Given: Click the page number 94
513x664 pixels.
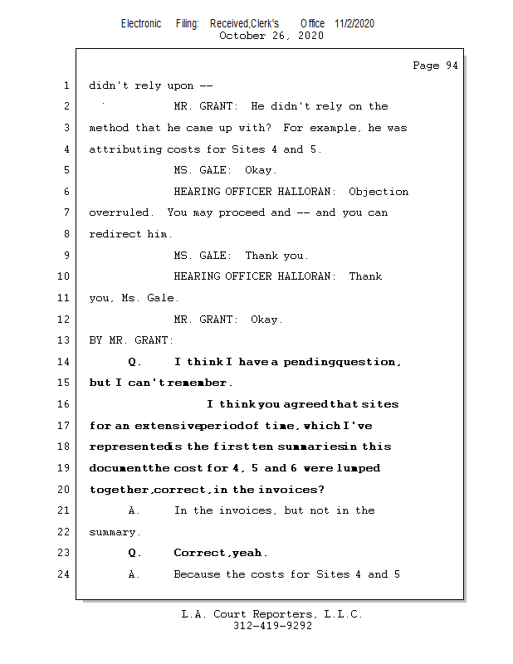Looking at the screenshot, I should point(449,66).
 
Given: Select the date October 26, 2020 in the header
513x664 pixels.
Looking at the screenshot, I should point(271,36).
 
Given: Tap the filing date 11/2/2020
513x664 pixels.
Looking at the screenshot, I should point(354,23).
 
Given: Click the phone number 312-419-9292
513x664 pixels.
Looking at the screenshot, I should point(272,627).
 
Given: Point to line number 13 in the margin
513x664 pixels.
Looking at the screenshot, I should point(66,340).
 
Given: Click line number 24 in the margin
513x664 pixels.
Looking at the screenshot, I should point(66,574).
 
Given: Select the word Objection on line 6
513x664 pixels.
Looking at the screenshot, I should point(379,192).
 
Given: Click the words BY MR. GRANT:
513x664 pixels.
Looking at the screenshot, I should point(131,340).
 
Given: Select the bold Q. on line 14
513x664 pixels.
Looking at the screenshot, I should point(135,362).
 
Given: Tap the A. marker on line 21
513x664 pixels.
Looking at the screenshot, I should point(134,510).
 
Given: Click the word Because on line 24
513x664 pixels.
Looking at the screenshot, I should point(197,574).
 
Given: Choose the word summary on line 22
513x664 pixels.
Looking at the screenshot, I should point(114,532).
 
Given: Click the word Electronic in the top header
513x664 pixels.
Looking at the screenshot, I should point(141,23).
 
